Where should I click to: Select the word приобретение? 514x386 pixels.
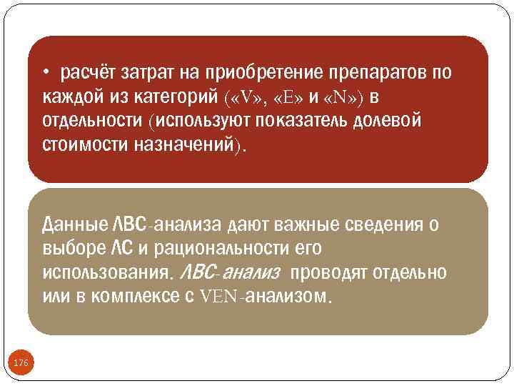[x=263, y=73]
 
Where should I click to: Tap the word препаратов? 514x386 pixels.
[x=381, y=73]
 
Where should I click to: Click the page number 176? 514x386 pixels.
[x=21, y=364]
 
